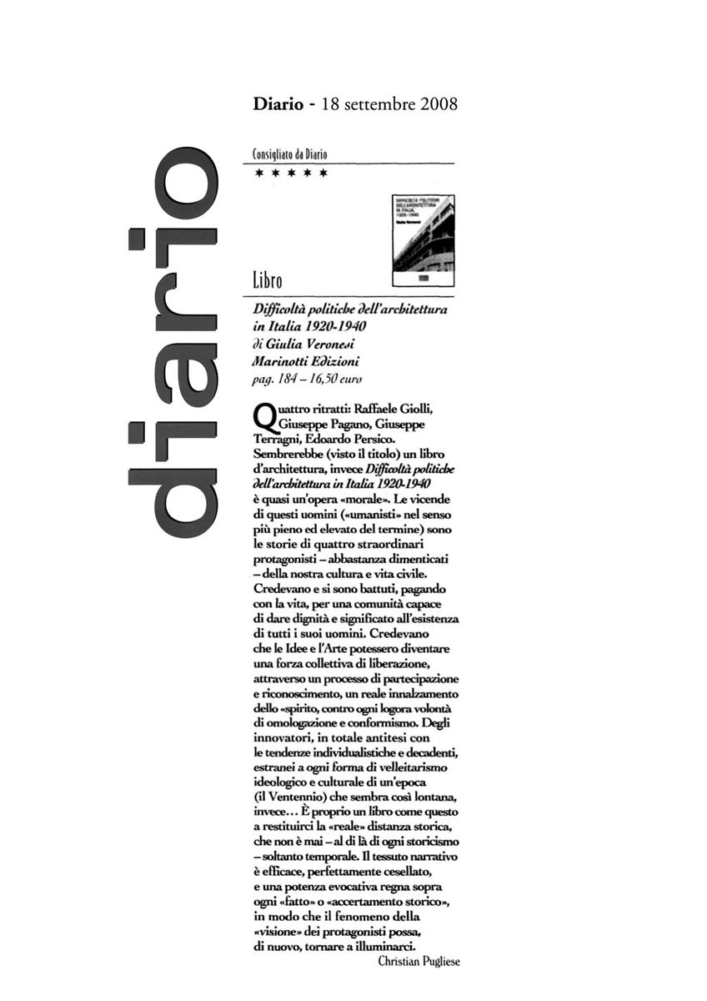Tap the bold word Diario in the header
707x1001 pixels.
pyautogui.click(x=277, y=106)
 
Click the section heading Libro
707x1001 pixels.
pyautogui.click(x=267, y=282)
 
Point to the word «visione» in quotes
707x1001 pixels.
pyautogui.click(x=277, y=931)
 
